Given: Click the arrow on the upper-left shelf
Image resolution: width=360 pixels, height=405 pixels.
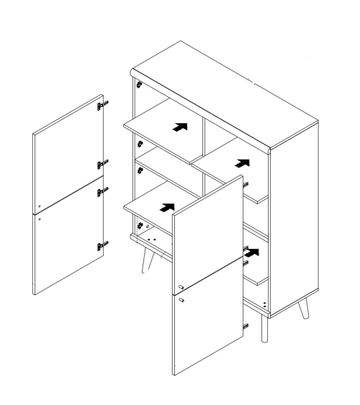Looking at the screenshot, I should click(179, 127).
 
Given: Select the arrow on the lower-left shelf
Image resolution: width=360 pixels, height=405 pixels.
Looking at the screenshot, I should click(166, 208).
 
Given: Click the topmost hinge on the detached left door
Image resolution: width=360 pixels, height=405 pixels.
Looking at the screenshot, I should click(102, 106).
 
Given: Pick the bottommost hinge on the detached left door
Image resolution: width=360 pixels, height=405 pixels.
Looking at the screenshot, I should click(102, 246).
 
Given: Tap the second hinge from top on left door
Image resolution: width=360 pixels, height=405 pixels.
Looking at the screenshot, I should click(102, 163).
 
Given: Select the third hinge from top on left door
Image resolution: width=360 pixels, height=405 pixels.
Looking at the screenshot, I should click(102, 190).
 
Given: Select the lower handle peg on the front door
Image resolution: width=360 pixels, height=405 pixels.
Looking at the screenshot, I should click(181, 299).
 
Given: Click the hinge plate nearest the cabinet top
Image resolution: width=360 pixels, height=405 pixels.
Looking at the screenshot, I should click(135, 84).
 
